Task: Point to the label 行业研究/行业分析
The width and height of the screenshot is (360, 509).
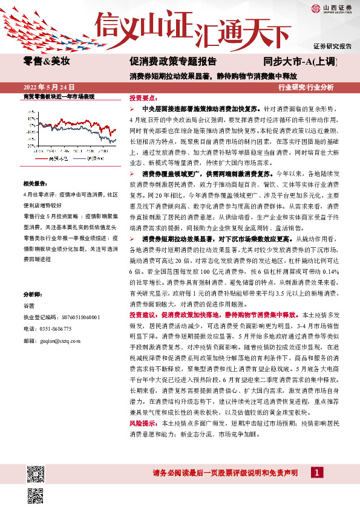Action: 306,87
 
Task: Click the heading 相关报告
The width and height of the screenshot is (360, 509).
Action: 34,183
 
